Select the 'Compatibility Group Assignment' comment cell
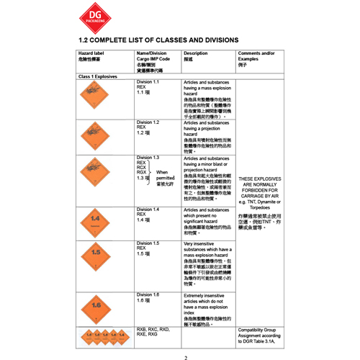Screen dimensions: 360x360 (x=260, y=335)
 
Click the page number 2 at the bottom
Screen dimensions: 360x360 (x=185, y=357)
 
